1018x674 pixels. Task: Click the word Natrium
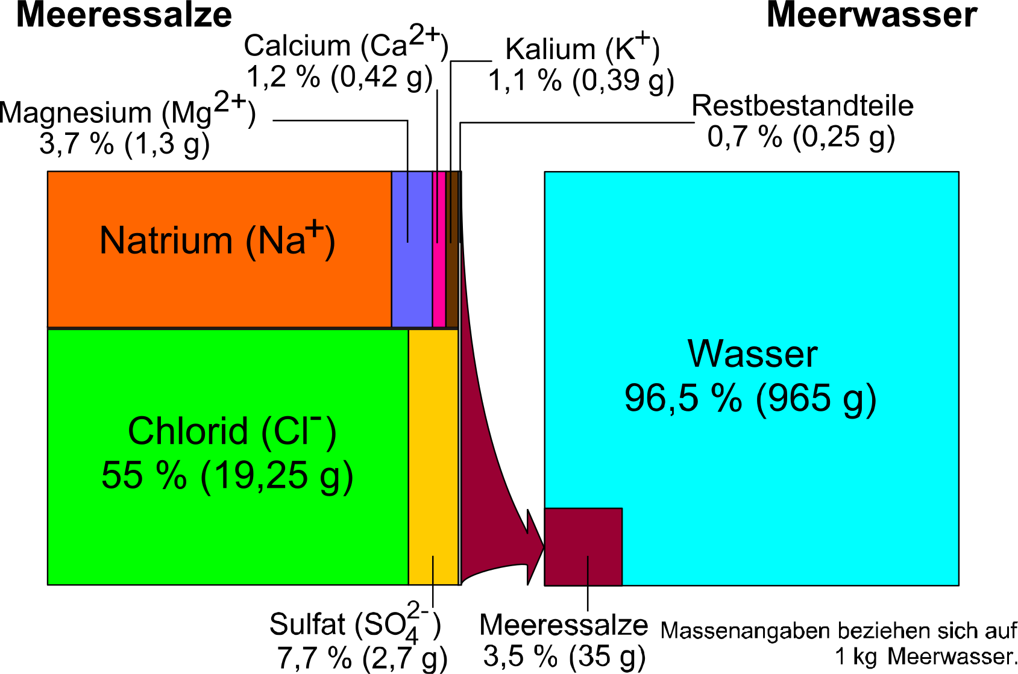tap(166, 240)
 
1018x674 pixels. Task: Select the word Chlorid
tap(188, 431)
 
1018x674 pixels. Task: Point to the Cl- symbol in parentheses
tap(299, 431)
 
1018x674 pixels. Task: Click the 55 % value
tap(144, 475)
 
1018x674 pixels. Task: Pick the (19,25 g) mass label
tap(277, 476)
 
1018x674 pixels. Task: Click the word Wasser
tap(752, 354)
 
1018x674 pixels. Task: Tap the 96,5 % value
tap(683, 398)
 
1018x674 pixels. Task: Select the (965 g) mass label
tap(815, 399)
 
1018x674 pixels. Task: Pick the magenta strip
tap(439, 250)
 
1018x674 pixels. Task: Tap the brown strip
tap(452, 250)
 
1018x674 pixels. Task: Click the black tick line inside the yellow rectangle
tap(433, 570)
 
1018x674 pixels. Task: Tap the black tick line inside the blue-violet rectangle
tap(407, 208)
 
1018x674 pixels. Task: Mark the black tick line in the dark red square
tap(588, 570)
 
